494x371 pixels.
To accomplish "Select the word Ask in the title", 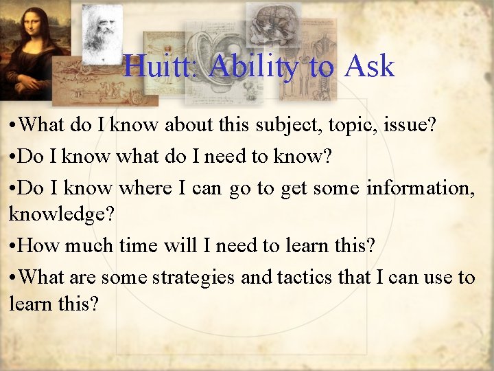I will [370, 67].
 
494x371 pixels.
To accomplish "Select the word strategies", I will [194, 278].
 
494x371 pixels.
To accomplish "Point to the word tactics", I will [306, 278].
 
